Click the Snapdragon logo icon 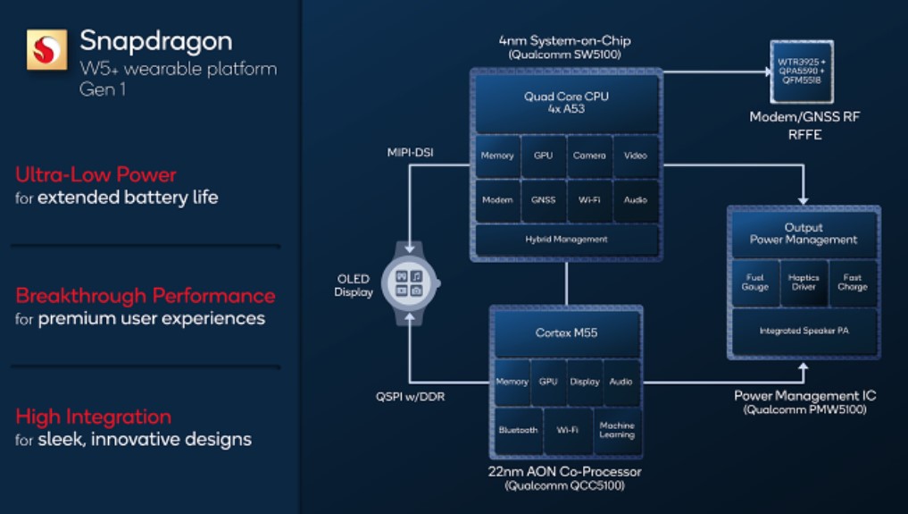point(46,50)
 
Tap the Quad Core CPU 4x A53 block point(567,103)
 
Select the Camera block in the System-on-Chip point(589,156)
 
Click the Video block point(636,156)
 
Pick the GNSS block point(543,200)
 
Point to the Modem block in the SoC point(497,200)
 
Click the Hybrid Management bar point(567,240)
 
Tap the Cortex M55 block point(567,333)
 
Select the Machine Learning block point(617,430)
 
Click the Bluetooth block point(518,430)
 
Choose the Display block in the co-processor point(585,382)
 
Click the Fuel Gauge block point(754,282)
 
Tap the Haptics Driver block point(804,282)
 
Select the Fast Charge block point(853,282)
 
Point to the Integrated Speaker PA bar point(804,331)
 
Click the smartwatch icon point(409,283)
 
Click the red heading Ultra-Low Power point(96,174)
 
